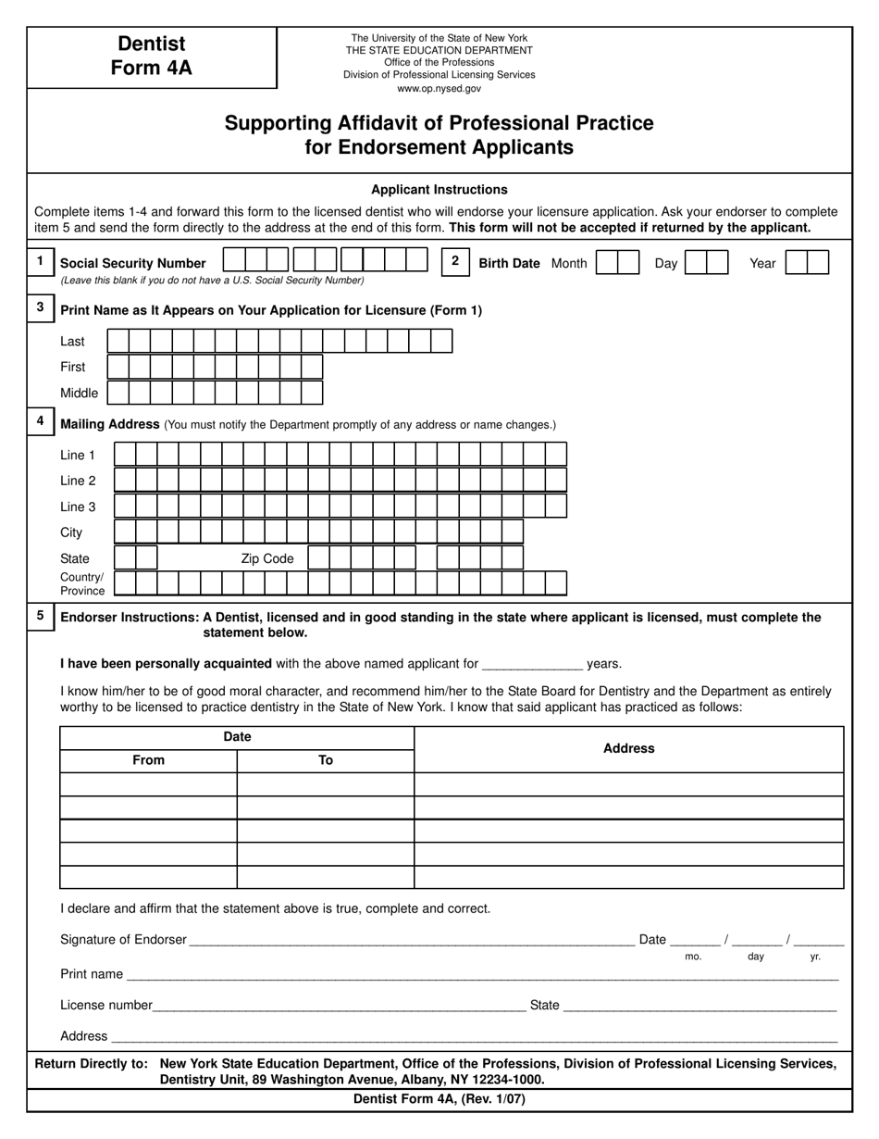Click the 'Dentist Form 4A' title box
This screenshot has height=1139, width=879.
tap(151, 56)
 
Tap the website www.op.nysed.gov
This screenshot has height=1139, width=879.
tap(439, 89)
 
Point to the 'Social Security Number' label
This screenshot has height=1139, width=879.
tap(133, 263)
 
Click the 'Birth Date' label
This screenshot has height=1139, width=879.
tap(509, 263)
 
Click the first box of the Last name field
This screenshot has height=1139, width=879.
tap(118, 342)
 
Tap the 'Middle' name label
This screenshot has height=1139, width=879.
tap(79, 393)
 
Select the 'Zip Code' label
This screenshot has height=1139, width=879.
tap(266, 558)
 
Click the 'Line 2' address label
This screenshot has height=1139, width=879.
tap(78, 481)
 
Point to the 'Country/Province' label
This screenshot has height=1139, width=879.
tap(82, 583)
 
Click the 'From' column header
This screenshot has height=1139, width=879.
tap(148, 760)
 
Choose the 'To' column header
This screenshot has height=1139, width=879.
tap(326, 760)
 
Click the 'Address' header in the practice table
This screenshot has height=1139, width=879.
tap(628, 748)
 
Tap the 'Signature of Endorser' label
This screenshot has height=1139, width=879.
tap(123, 939)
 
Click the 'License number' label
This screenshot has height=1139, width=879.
tap(105, 1005)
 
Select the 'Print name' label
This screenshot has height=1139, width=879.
tap(92, 974)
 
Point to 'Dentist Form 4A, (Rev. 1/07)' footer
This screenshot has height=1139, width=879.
tap(439, 1099)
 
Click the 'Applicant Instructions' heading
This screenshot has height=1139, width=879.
tap(439, 190)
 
